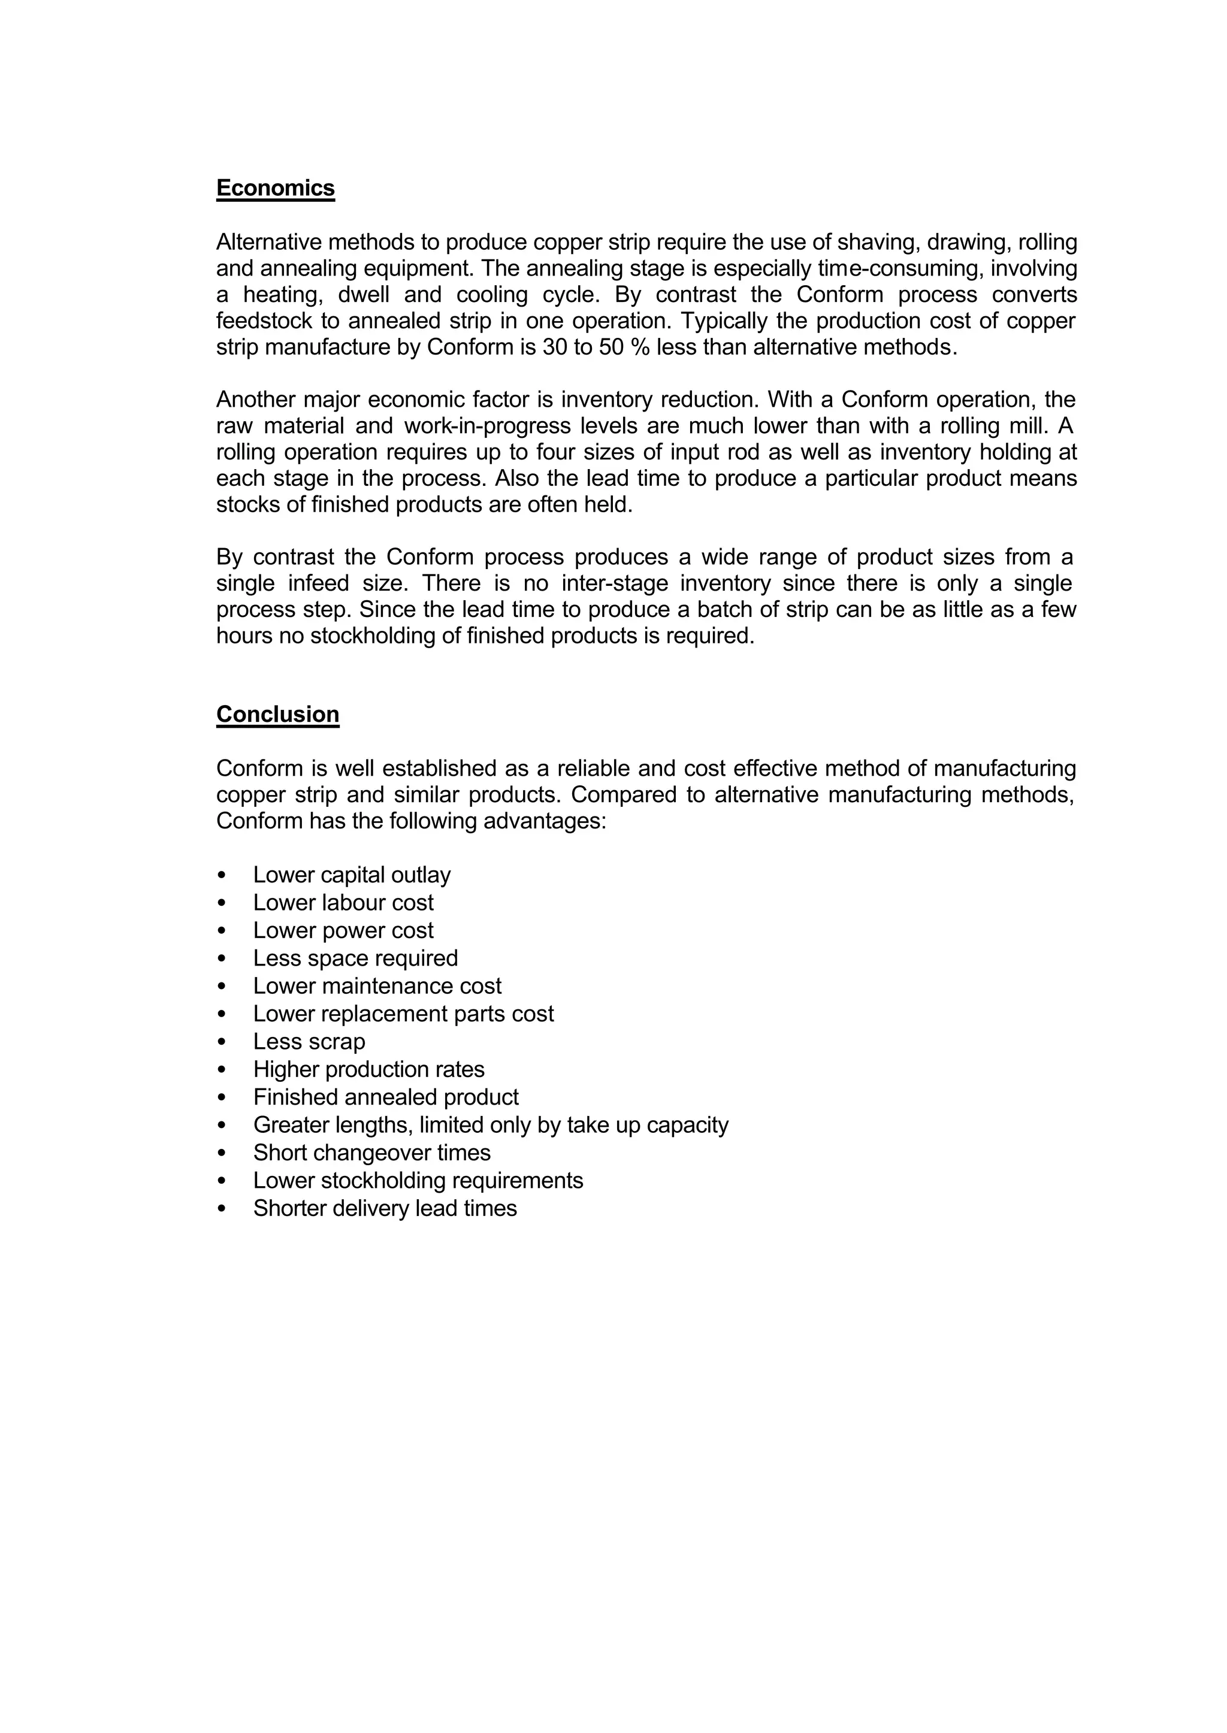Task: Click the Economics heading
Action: click(x=275, y=187)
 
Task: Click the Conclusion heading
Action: click(x=277, y=714)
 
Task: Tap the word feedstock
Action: click(x=264, y=321)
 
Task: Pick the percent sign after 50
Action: click(x=639, y=347)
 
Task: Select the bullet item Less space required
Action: click(x=355, y=958)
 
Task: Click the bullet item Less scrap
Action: click(x=309, y=1041)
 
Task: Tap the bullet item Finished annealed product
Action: click(x=385, y=1097)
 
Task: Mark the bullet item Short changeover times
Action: click(x=371, y=1152)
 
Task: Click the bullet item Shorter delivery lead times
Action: click(x=385, y=1208)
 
